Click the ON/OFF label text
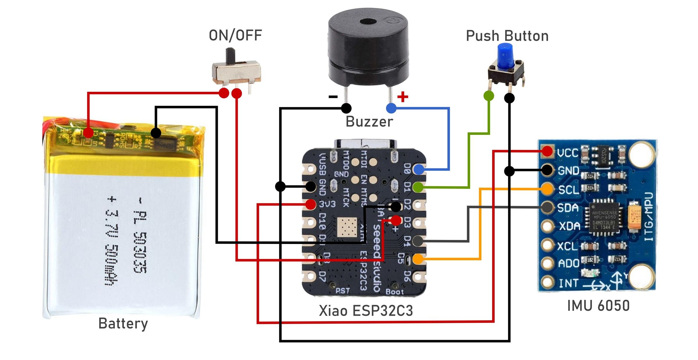pos(235,35)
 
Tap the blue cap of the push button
pos(505,55)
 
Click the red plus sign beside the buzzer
pos(403,97)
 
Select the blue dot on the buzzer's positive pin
pos(391,108)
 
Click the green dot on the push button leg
pos(489,96)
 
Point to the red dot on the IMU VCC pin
pos(547,151)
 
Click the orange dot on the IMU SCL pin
pos(547,189)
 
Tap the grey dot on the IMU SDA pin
pos(547,207)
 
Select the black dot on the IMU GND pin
pos(547,170)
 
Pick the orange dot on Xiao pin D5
pos(418,259)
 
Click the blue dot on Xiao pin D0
pos(419,169)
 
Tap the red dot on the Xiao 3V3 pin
pos(311,204)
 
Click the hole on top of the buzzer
pos(368,22)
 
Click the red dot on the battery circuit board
pos(88,133)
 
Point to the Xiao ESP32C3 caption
pos(366,311)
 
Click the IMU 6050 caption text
pos(598,306)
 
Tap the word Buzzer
pos(369,122)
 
